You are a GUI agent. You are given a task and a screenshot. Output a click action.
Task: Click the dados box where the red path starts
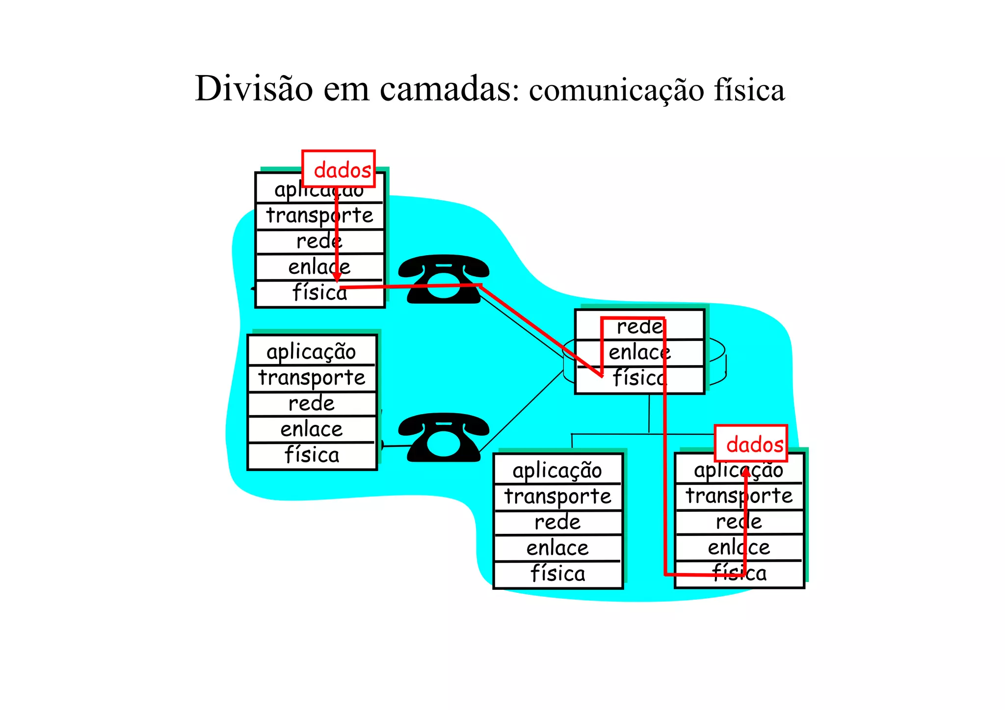(339, 169)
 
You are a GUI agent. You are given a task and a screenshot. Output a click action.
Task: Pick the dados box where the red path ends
(751, 444)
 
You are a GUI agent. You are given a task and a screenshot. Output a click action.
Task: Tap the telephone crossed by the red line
(443, 279)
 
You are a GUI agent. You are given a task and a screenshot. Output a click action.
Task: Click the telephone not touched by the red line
(443, 437)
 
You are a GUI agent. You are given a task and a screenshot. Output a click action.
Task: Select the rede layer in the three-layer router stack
(639, 326)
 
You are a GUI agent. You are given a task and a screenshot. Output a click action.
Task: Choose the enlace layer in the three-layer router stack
(639, 352)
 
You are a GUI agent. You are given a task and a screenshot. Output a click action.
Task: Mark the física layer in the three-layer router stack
(639, 378)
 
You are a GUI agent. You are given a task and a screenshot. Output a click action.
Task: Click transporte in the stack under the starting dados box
(319, 215)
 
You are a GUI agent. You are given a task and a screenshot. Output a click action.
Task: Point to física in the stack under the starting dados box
(319, 293)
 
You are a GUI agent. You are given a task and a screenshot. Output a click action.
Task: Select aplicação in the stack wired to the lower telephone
(311, 351)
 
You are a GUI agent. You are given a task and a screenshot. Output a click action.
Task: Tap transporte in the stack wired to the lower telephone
(312, 377)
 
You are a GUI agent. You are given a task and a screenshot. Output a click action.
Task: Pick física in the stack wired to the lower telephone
(312, 455)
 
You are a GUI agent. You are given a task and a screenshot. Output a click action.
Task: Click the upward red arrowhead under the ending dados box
(745, 472)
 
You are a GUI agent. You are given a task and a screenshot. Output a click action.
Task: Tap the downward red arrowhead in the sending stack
(337, 277)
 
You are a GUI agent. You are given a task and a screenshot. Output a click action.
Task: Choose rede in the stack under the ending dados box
(739, 522)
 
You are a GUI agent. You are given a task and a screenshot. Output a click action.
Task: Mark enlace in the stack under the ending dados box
(739, 547)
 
